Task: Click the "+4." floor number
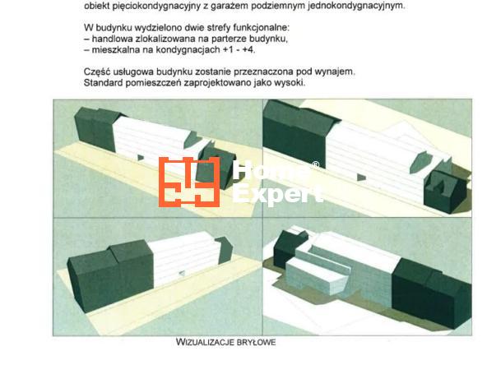pyautogui.click(x=248, y=50)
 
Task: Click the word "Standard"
pyautogui.click(x=103, y=83)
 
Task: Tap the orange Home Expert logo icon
pyautogui.click(x=189, y=182)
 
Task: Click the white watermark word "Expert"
pyautogui.click(x=277, y=194)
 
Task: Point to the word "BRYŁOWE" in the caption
pyautogui.click(x=256, y=342)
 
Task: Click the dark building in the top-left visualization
pyautogui.click(x=97, y=127)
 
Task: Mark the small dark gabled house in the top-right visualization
pyautogui.click(x=445, y=192)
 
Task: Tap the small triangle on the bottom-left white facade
pyautogui.click(x=182, y=273)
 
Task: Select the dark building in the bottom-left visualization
pyautogui.click(x=110, y=275)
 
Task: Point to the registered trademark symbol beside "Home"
pyautogui.click(x=315, y=164)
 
